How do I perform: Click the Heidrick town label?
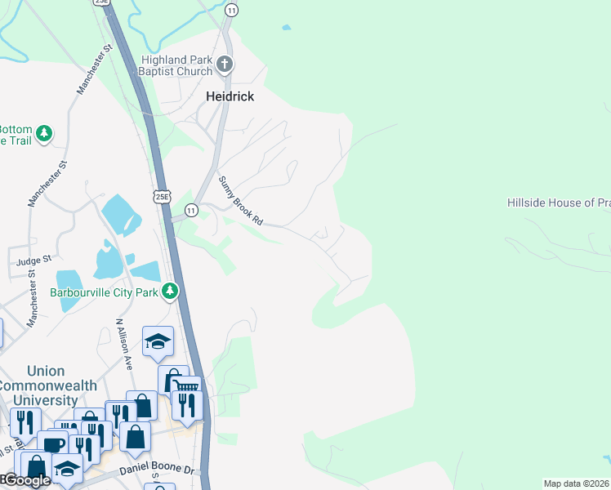229,96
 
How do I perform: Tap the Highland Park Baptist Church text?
176,65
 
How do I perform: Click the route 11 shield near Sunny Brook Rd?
191,211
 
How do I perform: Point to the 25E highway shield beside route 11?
162,196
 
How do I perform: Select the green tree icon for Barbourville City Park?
170,290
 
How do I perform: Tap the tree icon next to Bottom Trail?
44,134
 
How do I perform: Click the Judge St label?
33,261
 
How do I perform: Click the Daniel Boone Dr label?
155,471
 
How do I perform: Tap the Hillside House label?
558,203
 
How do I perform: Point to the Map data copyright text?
576,483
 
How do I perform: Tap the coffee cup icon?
53,444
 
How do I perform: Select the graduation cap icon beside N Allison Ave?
158,341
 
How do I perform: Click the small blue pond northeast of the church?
285,28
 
